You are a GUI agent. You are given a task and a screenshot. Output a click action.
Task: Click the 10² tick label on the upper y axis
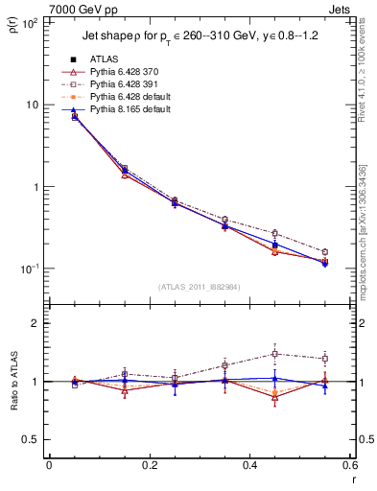[x=31, y=22]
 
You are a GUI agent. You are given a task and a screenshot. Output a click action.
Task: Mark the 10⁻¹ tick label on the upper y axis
[x=31, y=269]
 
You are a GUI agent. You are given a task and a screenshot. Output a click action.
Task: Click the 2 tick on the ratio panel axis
[x=36, y=323]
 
